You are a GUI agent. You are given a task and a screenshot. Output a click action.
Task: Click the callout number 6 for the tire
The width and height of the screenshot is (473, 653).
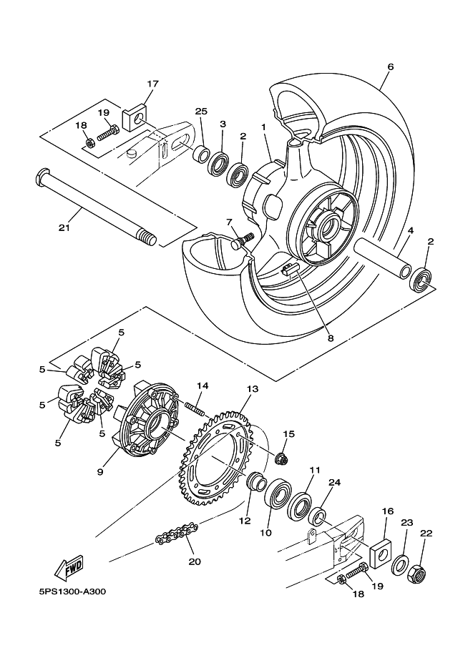pyautogui.click(x=391, y=67)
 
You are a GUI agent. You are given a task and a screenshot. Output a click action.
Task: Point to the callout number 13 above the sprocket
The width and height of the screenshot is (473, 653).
pyautogui.click(x=252, y=388)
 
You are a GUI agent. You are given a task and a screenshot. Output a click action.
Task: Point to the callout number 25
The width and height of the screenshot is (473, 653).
pyautogui.click(x=201, y=112)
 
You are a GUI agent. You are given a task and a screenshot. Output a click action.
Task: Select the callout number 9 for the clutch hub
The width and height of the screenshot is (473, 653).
pyautogui.click(x=100, y=471)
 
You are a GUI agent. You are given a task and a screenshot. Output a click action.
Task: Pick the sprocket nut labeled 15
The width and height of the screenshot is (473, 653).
pyautogui.click(x=283, y=457)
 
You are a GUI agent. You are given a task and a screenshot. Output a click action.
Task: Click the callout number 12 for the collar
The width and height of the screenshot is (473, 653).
pyautogui.click(x=245, y=521)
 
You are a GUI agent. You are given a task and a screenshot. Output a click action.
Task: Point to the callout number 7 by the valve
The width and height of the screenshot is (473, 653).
pyautogui.click(x=230, y=222)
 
